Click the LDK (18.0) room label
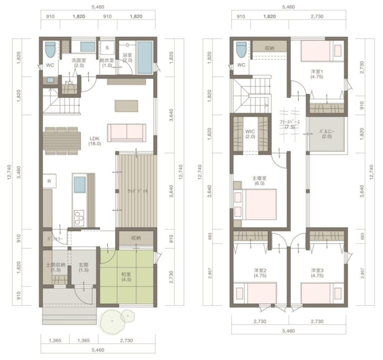[95, 141]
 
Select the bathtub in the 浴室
[145, 57]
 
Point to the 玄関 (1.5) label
[83, 267]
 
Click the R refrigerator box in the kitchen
[49, 181]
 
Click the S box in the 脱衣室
[107, 48]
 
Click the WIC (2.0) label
[250, 134]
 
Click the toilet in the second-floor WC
[241, 49]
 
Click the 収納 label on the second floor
[269, 48]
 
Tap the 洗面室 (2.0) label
[79, 63]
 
